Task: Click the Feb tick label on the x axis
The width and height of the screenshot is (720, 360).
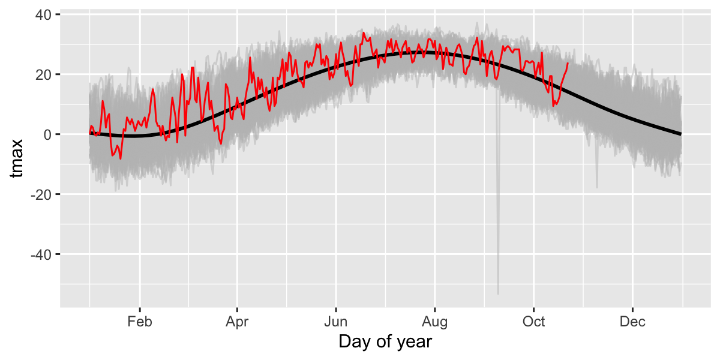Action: (x=140, y=322)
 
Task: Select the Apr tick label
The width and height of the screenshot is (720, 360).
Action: (x=238, y=322)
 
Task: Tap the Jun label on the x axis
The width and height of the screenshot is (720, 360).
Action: (x=336, y=322)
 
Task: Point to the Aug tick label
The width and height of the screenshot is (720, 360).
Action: (x=435, y=322)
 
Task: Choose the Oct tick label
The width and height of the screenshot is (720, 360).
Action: (x=533, y=322)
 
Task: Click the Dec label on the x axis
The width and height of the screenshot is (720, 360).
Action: (x=632, y=322)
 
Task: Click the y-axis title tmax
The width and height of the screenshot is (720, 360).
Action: (x=17, y=158)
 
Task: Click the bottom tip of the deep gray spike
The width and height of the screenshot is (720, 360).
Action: (x=498, y=293)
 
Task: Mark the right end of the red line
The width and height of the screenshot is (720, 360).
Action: (x=568, y=63)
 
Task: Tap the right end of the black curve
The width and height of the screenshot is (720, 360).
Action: (x=681, y=134)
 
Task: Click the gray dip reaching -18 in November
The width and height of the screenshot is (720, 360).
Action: (x=597, y=187)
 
